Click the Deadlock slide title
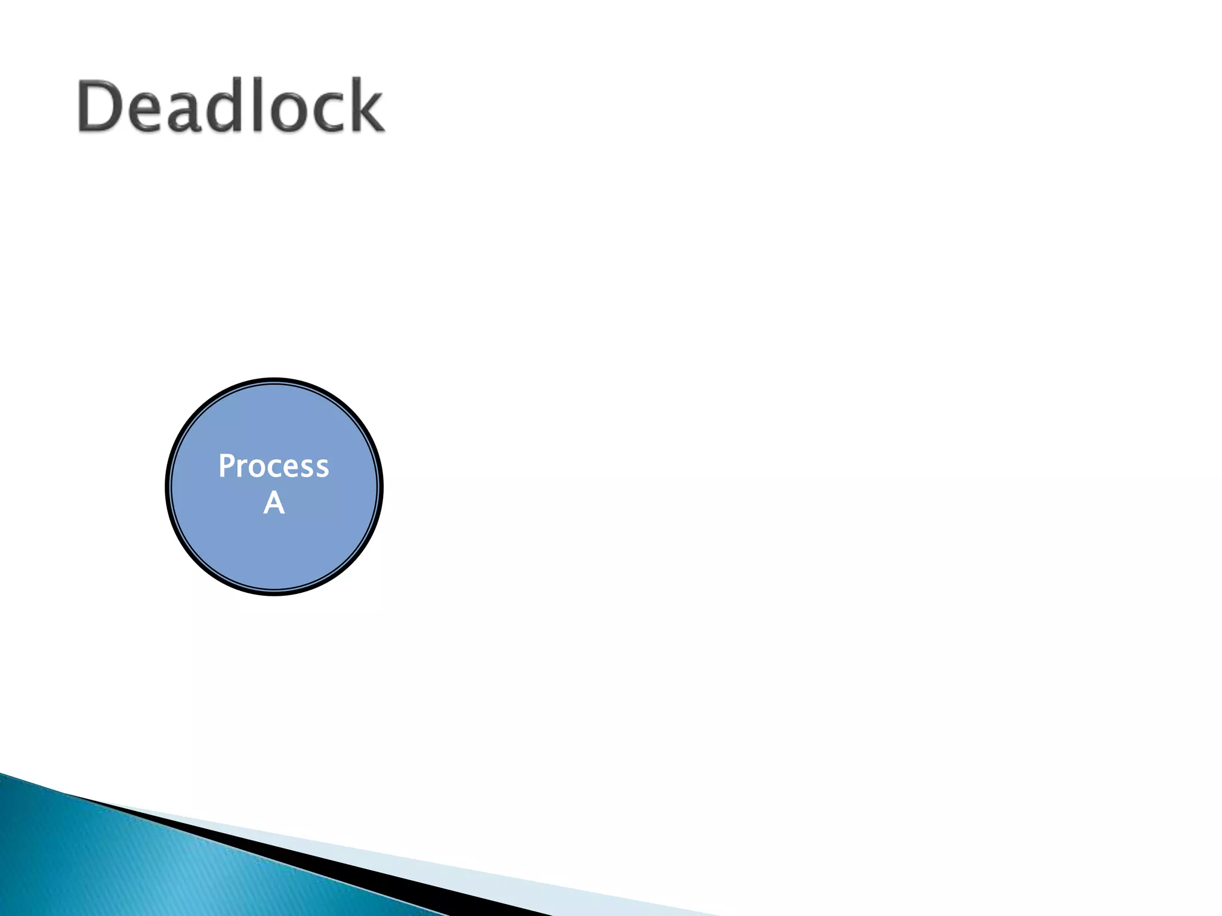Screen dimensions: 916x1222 pos(230,106)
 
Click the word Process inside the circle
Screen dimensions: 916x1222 pos(273,466)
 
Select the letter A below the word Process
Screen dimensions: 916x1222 pos(274,503)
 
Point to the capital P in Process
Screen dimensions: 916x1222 pos(226,466)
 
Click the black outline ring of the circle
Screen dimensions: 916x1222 pos(167,487)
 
